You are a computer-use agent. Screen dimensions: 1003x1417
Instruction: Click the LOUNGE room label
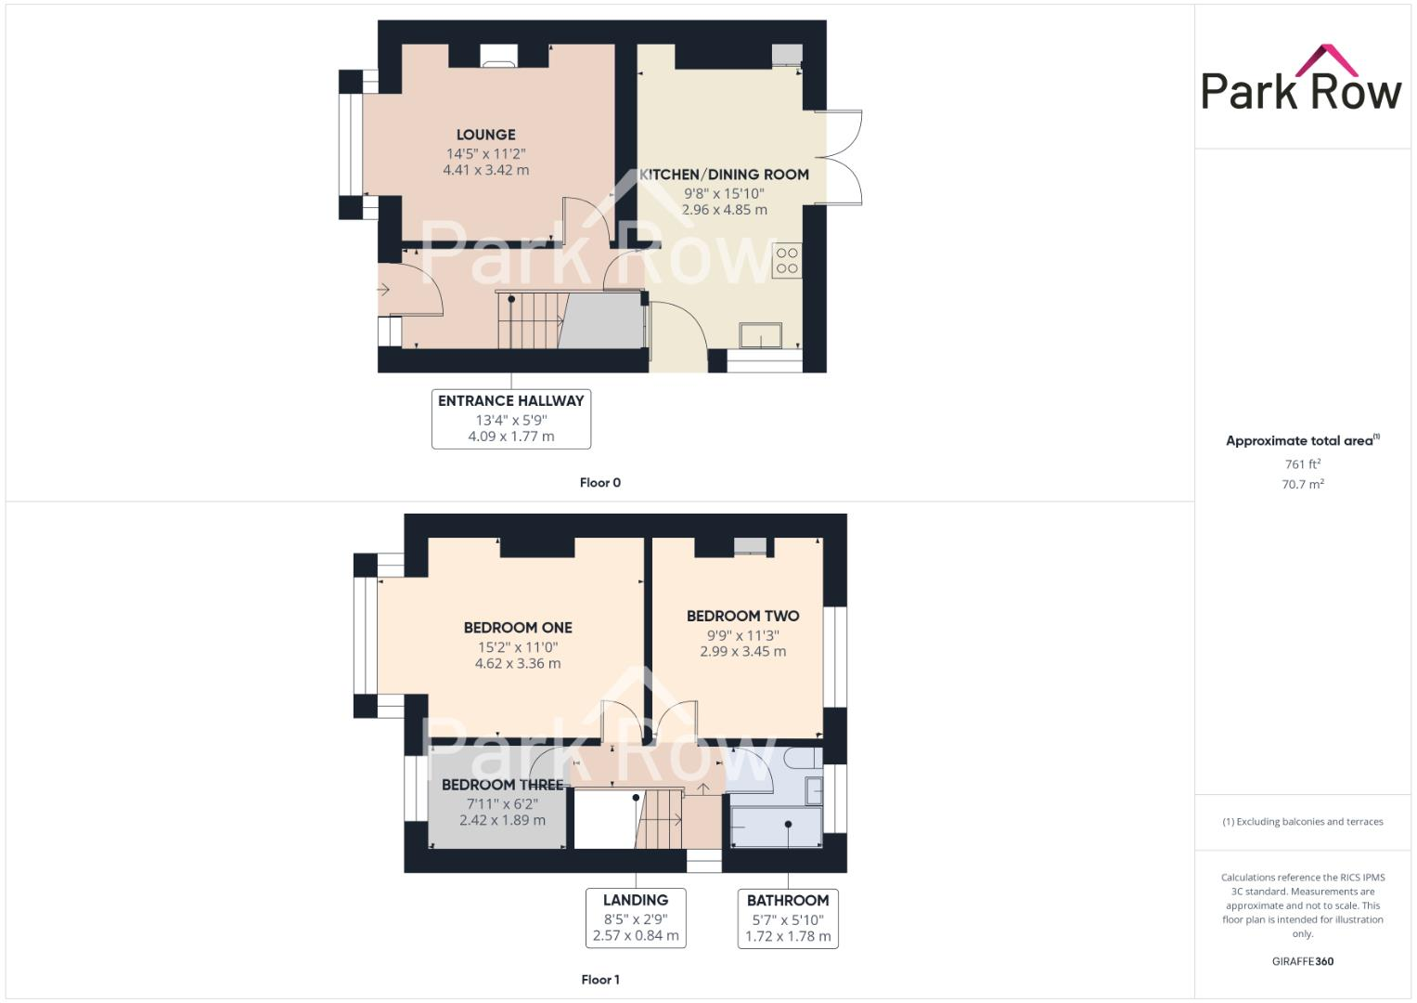(x=485, y=135)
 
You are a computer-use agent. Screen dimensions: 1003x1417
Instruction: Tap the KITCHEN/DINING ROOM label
(x=724, y=175)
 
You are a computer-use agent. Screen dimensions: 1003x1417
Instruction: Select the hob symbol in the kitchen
(x=787, y=261)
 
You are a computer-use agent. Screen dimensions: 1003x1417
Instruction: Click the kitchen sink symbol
(x=760, y=334)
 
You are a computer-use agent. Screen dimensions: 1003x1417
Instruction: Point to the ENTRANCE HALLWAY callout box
(x=511, y=419)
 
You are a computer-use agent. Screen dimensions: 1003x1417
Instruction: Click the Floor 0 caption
(x=599, y=483)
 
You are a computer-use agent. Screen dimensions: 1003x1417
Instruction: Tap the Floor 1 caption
(x=599, y=980)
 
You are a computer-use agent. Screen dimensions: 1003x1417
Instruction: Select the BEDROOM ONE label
(x=518, y=628)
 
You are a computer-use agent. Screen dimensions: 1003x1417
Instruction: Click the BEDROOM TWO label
(x=742, y=616)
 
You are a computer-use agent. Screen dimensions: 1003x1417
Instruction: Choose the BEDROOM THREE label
(x=502, y=785)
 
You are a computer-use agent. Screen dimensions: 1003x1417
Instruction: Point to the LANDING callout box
(x=636, y=918)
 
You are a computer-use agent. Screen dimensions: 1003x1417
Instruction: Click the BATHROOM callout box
(x=788, y=918)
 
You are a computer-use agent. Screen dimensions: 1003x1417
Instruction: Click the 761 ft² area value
(x=1302, y=464)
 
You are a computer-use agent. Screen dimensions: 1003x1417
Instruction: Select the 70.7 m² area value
(x=1302, y=484)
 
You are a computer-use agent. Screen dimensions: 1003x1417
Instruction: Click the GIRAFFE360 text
(x=1302, y=961)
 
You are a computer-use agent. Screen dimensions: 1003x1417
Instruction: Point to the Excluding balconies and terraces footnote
(x=1302, y=822)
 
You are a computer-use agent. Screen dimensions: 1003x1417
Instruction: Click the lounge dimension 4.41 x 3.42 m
(x=486, y=170)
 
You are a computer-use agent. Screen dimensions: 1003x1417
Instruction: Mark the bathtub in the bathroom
(x=776, y=827)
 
